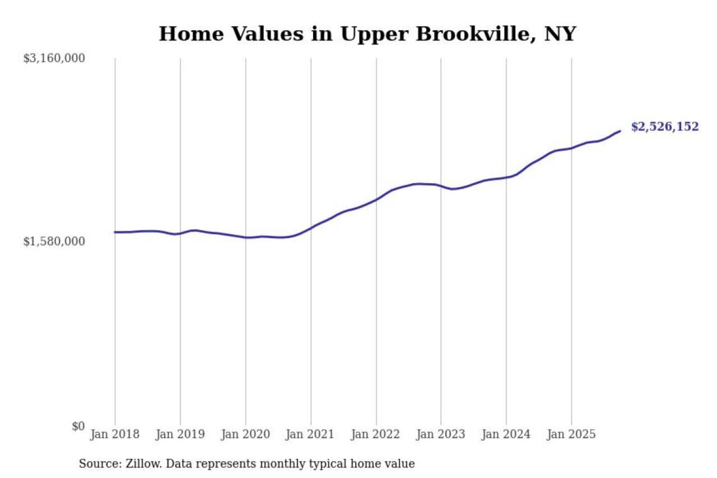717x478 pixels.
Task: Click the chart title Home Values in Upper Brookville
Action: (x=367, y=34)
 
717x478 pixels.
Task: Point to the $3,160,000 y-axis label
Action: (x=54, y=58)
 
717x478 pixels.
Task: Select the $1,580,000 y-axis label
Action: (x=54, y=241)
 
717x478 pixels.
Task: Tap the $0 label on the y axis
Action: (x=78, y=426)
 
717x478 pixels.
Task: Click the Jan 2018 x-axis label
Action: (x=115, y=434)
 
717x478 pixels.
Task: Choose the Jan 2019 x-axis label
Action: (x=180, y=434)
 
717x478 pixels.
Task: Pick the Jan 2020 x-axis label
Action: (x=245, y=434)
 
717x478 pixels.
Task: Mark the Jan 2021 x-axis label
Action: (x=310, y=434)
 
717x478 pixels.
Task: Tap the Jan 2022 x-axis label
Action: (x=375, y=434)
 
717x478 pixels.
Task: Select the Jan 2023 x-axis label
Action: (x=440, y=434)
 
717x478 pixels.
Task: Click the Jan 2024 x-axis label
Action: (x=505, y=434)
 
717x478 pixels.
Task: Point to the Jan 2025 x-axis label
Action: (x=571, y=434)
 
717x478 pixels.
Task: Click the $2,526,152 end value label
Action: (x=665, y=126)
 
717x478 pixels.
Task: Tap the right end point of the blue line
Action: (x=620, y=131)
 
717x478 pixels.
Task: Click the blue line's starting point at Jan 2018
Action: (x=115, y=232)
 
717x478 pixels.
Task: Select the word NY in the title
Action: (x=560, y=34)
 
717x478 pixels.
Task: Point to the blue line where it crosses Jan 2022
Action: (x=376, y=199)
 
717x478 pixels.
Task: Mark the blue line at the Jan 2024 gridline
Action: (x=506, y=177)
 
